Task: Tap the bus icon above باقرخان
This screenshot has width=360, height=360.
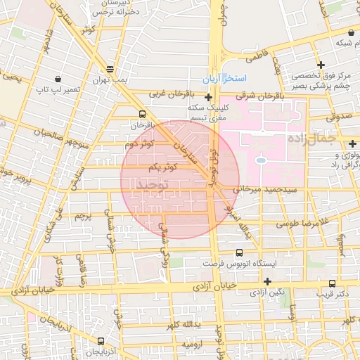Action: [x=143, y=113]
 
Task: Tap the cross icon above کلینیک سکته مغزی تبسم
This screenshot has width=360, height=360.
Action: [x=208, y=98]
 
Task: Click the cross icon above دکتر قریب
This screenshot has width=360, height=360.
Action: [x=331, y=283]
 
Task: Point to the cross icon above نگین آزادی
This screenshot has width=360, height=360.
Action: [x=267, y=281]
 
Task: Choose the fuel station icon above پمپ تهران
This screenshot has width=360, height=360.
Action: [x=110, y=69]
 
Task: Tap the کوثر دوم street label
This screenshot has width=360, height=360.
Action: [x=139, y=144]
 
